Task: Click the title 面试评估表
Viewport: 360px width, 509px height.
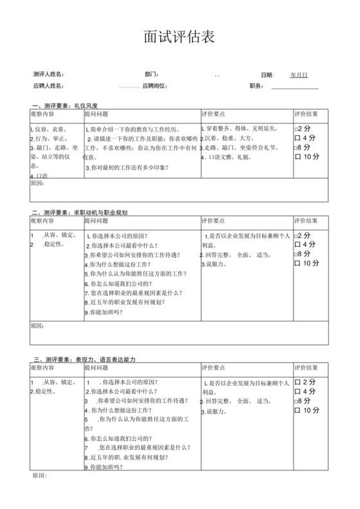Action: [x=179, y=37]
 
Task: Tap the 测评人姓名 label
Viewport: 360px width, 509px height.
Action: [x=49, y=75]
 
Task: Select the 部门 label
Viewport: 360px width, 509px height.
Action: [x=152, y=75]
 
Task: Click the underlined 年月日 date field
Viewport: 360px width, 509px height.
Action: [x=299, y=75]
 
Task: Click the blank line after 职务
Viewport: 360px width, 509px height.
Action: [x=295, y=86]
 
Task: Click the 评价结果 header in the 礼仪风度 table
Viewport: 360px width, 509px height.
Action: [x=306, y=114]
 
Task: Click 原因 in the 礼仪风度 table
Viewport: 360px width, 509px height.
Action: [x=37, y=184]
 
